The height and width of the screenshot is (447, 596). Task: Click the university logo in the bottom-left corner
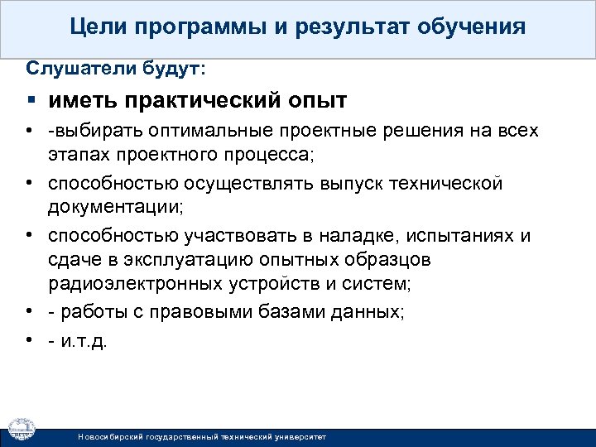pos(22,429)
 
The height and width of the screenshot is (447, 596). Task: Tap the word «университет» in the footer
pos(299,435)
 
